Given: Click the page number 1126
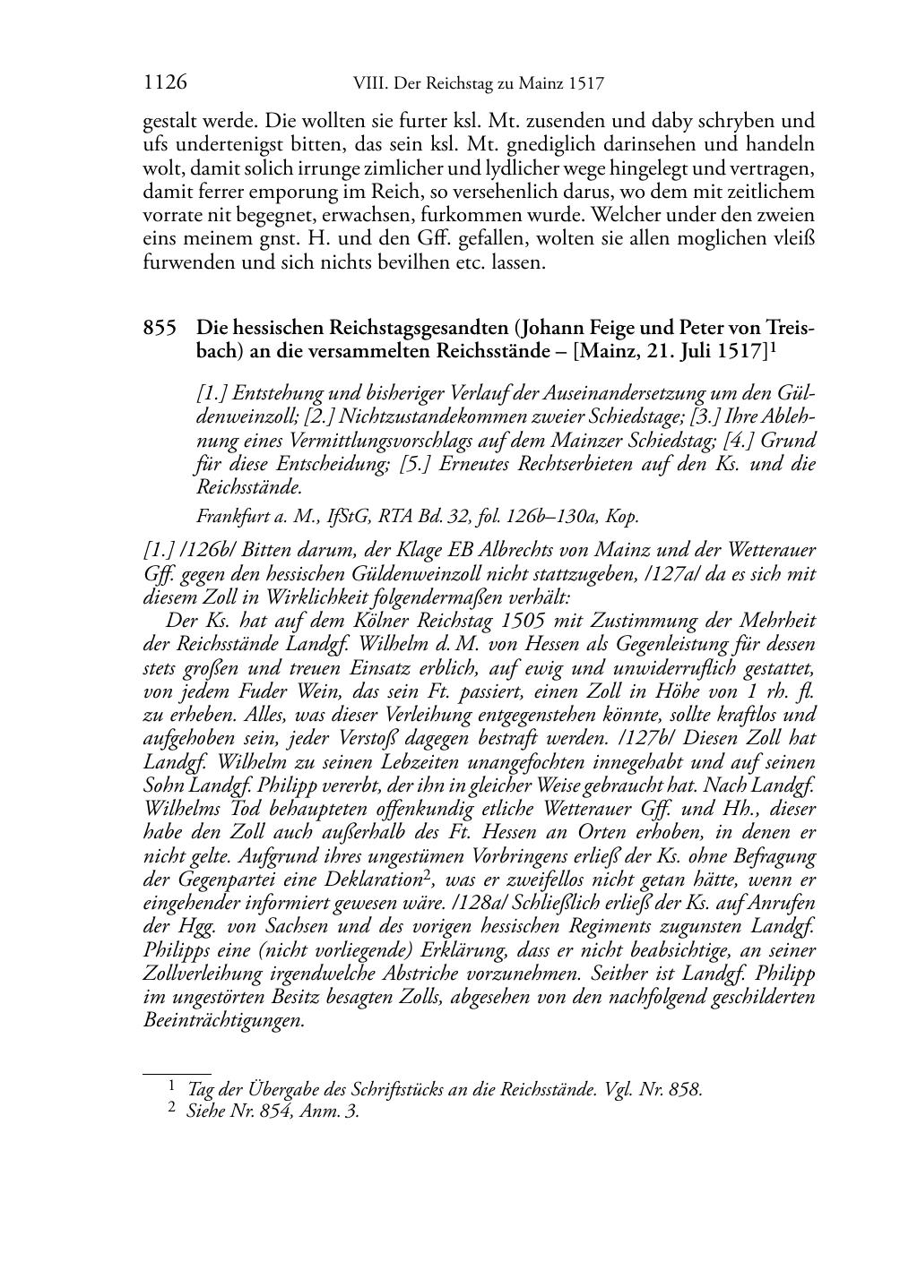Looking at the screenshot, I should [165, 84].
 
